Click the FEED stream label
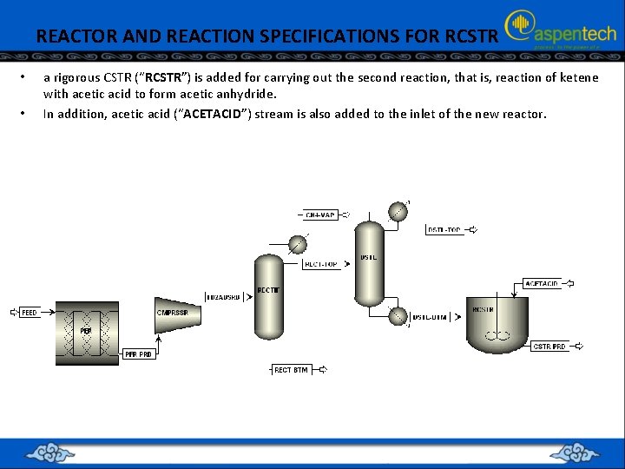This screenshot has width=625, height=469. click(x=29, y=313)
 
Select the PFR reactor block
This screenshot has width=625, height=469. click(x=87, y=332)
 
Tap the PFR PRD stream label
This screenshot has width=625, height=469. click(x=138, y=354)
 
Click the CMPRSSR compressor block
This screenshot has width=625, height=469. click(x=177, y=313)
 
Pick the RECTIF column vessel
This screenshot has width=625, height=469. click(x=269, y=291)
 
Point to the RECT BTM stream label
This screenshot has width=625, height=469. click(x=291, y=370)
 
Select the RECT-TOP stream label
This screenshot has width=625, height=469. click(x=321, y=264)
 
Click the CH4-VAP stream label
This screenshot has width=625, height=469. click(x=321, y=214)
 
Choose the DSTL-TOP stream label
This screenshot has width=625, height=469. click(x=444, y=230)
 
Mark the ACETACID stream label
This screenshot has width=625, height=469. click(x=543, y=283)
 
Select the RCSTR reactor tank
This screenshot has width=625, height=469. click(x=497, y=321)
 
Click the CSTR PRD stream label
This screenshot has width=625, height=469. click(x=549, y=347)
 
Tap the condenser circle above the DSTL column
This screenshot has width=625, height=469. click(x=397, y=211)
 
